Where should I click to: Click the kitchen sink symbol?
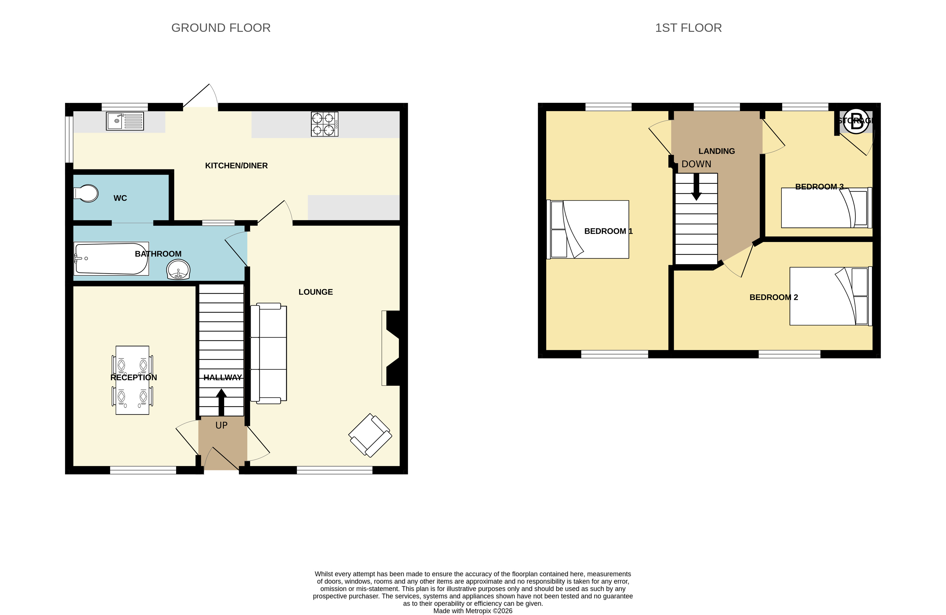point(125,121)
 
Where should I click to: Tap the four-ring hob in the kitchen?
point(324,124)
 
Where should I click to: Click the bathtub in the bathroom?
point(111,258)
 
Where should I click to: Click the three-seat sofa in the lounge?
point(268,353)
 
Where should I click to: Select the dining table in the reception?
point(132,380)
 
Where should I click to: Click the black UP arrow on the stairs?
point(221,402)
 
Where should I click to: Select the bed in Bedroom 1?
point(588,229)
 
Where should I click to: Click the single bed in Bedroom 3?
point(826,207)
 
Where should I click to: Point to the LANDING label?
point(717,151)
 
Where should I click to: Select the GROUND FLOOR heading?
point(221,28)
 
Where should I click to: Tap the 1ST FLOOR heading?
point(688,28)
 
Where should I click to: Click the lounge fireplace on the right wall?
point(391,348)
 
